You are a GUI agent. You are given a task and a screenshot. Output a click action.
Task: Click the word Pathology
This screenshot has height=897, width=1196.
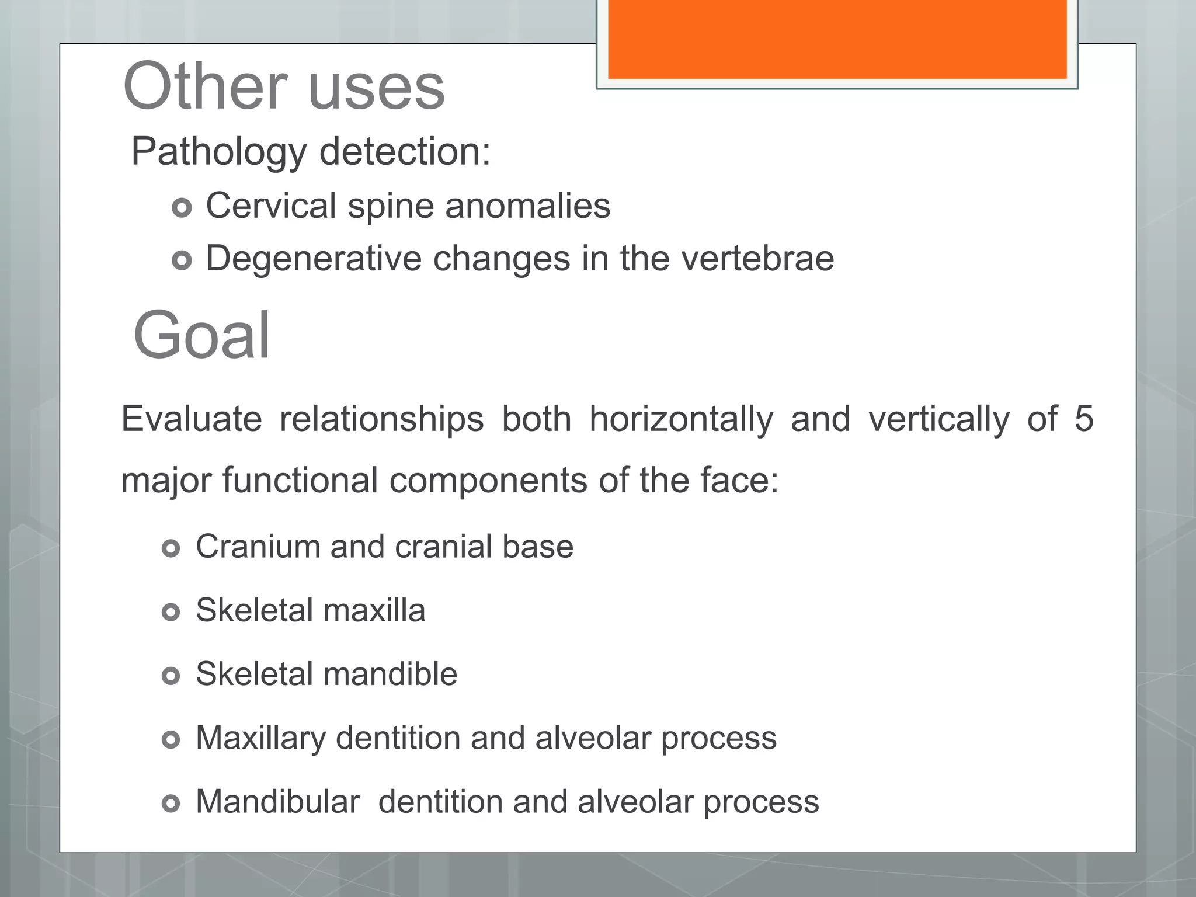pos(218,152)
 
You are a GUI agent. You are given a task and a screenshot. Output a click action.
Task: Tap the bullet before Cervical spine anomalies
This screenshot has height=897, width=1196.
pos(182,207)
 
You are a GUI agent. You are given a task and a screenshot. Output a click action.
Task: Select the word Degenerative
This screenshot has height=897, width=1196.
pos(314,259)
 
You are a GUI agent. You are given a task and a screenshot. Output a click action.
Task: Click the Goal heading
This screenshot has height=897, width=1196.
pos(201,336)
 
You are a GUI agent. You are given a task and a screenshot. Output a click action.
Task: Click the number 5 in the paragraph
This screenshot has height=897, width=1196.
pos(1083,419)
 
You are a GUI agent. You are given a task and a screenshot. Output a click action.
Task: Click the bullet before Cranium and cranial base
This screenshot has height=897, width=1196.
pos(171,548)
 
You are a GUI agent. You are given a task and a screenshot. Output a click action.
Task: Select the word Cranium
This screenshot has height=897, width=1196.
pos(258,547)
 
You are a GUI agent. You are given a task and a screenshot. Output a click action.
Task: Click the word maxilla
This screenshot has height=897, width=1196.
pos(374,610)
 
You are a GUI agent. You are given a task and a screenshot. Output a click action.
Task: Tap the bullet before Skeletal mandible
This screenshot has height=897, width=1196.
pos(171,676)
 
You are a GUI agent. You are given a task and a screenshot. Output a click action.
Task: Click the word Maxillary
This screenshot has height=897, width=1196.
pos(260,739)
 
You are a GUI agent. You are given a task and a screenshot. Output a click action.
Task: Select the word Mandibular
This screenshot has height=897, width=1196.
pos(277,802)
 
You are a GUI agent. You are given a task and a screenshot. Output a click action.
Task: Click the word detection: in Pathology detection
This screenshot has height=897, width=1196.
pos(405,151)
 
